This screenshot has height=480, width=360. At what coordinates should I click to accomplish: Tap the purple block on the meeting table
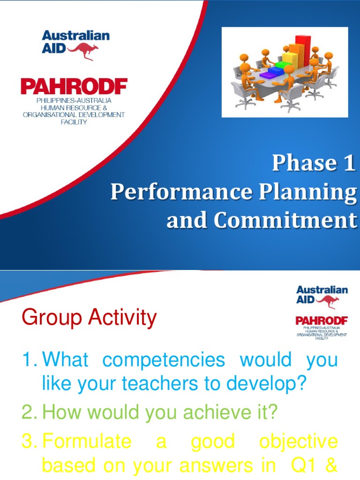[x=270, y=74]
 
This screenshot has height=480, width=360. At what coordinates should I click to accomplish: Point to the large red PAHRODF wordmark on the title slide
[x=74, y=87]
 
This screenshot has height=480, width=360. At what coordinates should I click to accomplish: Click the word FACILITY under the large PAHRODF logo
[x=74, y=122]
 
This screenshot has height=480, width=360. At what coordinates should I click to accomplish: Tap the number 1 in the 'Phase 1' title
[x=347, y=163]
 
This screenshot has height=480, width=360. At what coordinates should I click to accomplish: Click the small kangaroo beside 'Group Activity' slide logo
[x=333, y=302]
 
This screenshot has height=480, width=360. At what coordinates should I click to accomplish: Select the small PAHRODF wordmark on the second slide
[x=321, y=320]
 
